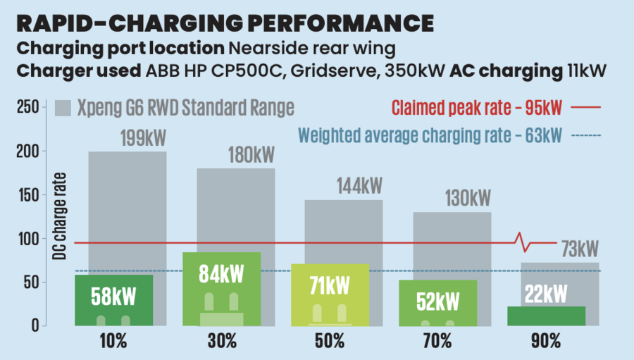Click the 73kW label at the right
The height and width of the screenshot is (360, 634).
click(x=579, y=249)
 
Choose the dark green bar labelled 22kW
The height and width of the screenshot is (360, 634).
click(x=546, y=315)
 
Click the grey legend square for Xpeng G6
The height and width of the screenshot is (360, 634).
click(x=63, y=107)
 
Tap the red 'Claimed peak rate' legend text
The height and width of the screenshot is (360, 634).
click(x=477, y=108)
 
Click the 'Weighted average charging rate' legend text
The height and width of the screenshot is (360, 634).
click(x=430, y=135)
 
